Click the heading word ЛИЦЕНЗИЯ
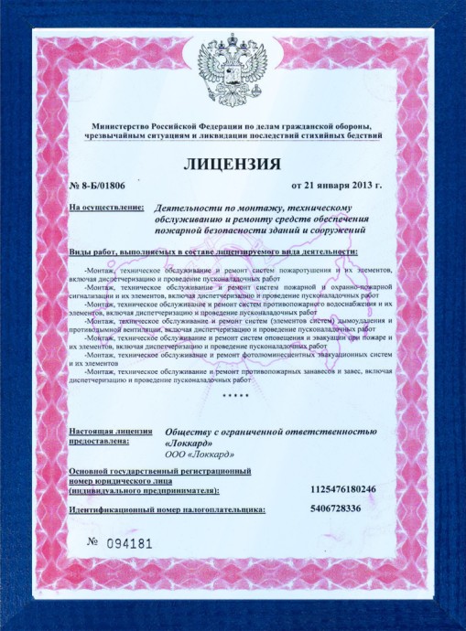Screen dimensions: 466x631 coord(232,165)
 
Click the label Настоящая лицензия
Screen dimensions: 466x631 coord(111,429)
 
